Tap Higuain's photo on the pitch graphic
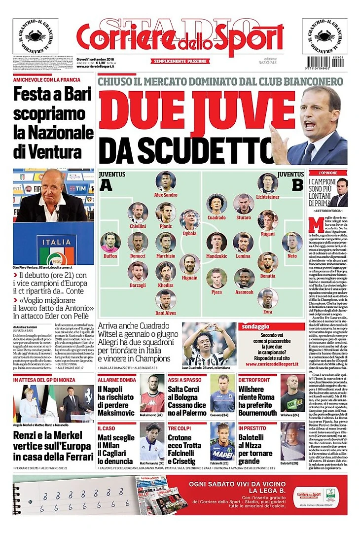[x=189, y=264]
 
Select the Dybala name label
[x=189, y=234]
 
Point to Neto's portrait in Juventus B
[x=292, y=243]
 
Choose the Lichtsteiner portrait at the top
[x=268, y=183]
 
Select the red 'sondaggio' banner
[x=269, y=326]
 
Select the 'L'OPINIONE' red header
[x=327, y=173]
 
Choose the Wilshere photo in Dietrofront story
[x=292, y=393]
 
